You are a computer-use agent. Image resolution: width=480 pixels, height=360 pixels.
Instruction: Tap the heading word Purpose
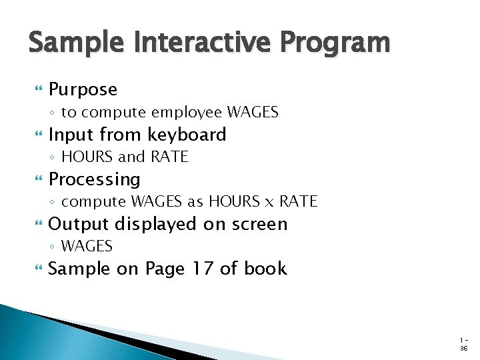click(x=83, y=89)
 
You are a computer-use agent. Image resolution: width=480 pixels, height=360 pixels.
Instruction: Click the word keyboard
click(x=187, y=135)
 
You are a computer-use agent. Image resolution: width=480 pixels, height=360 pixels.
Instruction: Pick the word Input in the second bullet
click(x=70, y=135)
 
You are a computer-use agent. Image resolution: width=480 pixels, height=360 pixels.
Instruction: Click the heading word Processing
click(x=95, y=179)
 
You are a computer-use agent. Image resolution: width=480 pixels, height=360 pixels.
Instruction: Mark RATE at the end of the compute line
click(x=298, y=201)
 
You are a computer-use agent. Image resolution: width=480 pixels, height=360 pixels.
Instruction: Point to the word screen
click(x=258, y=224)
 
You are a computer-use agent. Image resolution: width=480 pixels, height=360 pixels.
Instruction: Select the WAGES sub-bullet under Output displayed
click(x=87, y=246)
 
